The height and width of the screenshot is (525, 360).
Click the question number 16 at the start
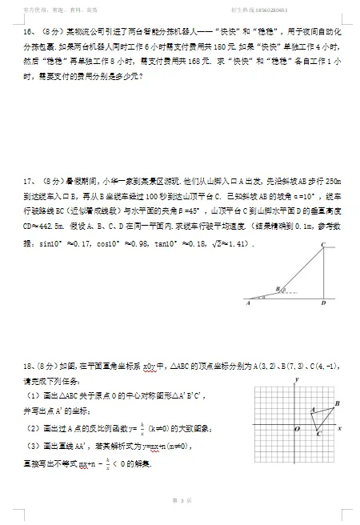point(27,31)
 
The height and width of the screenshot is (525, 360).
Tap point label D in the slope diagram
point(322,304)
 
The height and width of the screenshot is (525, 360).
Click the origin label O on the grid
point(295,430)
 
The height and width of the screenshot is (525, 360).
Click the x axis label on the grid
point(342,429)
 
